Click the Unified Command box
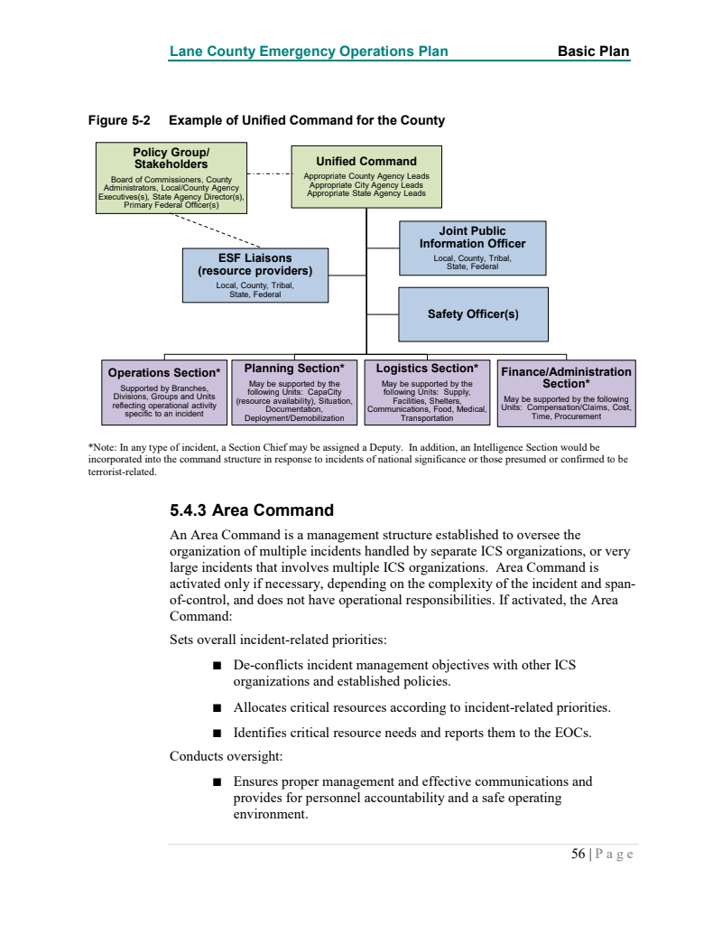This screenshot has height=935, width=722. click(x=366, y=177)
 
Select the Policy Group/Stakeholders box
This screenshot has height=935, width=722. click(x=171, y=178)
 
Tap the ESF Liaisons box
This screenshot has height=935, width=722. click(x=255, y=275)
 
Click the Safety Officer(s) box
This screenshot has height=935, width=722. click(x=473, y=314)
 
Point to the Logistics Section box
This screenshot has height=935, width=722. click(x=426, y=392)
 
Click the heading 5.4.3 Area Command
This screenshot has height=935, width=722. click(x=252, y=510)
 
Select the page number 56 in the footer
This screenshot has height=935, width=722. click(x=579, y=854)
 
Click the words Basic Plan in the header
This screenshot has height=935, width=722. click(x=593, y=51)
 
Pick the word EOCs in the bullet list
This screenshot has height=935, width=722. click(x=571, y=733)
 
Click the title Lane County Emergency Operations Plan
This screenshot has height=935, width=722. click(x=308, y=51)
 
